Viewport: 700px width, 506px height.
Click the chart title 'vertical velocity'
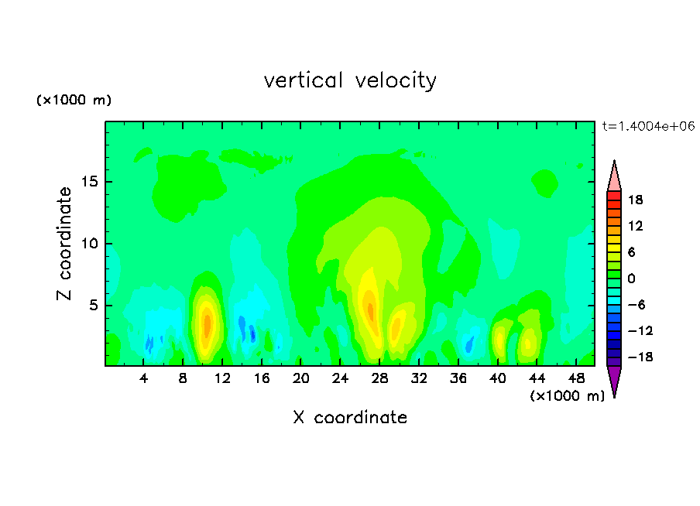click(x=350, y=81)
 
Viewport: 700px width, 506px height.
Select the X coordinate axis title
click(x=350, y=417)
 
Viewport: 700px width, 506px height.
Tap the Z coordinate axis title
click(x=64, y=244)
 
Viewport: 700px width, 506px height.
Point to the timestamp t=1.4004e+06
click(x=648, y=126)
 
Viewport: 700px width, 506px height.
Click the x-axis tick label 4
click(x=143, y=378)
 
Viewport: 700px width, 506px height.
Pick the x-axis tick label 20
click(x=300, y=378)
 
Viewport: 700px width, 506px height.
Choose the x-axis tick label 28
click(x=379, y=378)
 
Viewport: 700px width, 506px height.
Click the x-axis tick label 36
click(x=458, y=378)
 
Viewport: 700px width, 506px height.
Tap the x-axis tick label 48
click(x=576, y=378)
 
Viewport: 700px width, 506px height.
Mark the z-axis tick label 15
click(x=90, y=182)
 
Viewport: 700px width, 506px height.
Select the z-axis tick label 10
click(x=90, y=244)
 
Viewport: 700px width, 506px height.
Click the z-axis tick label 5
click(x=94, y=305)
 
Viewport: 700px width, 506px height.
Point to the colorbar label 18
click(x=635, y=200)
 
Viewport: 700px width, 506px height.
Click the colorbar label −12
click(x=640, y=330)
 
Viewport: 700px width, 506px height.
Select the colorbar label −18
click(x=640, y=357)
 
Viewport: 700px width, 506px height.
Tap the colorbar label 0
click(x=631, y=279)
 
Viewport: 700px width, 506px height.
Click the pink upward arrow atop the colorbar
click(x=614, y=179)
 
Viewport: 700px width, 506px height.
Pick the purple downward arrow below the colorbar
click(x=614, y=379)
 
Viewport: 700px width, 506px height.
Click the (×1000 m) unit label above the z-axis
click(x=74, y=100)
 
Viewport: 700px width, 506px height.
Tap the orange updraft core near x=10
click(x=207, y=326)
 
